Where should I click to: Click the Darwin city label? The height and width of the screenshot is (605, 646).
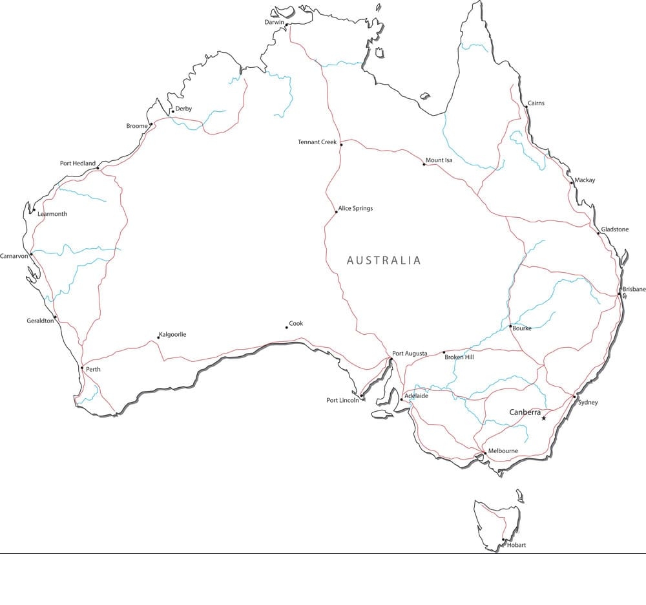pos(274,22)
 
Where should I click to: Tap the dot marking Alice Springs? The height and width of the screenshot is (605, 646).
pos(337,211)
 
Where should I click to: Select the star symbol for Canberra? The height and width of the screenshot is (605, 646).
pos(544,418)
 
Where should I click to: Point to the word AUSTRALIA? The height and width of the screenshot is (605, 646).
pos(384,260)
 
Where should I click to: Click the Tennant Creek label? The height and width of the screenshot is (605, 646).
pos(317,142)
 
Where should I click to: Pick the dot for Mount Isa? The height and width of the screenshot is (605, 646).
pos(424,164)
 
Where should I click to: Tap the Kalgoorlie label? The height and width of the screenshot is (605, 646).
pos(173,334)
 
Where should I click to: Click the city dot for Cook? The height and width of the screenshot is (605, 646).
pos(287,327)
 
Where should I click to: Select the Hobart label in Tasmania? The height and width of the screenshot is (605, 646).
pos(516,545)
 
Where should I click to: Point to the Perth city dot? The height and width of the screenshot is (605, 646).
pos(82,368)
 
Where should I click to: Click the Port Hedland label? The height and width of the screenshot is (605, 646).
pos(78,164)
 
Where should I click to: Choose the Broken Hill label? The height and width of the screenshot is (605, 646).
pos(459,357)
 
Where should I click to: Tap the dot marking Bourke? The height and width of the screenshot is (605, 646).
pos(510,326)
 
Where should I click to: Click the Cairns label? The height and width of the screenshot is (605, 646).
pos(536,103)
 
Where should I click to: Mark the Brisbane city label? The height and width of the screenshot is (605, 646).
pos(634,289)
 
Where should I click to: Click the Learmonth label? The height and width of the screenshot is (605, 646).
pos(52,214)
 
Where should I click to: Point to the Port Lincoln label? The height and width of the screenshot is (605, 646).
pos(342,400)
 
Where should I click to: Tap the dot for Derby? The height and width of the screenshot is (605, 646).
pos(172,111)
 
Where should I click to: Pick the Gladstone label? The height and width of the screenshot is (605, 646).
pos(614,229)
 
